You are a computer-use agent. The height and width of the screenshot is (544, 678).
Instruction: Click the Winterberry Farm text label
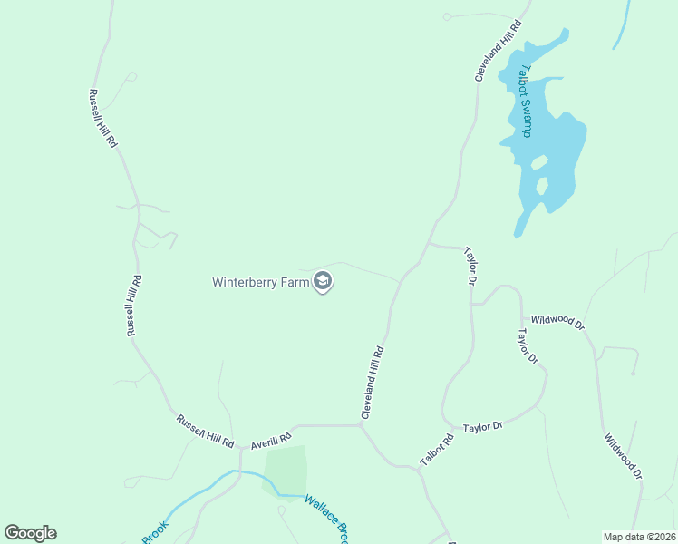click(x=259, y=282)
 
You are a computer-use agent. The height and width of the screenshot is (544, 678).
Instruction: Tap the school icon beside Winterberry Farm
click(x=322, y=282)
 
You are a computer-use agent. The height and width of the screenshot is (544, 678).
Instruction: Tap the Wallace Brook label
click(x=326, y=519)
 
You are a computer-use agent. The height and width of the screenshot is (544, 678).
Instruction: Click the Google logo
click(x=30, y=533)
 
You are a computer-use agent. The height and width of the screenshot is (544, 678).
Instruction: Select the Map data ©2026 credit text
click(x=639, y=537)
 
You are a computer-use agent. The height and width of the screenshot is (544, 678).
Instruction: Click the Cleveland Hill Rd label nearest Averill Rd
click(x=373, y=382)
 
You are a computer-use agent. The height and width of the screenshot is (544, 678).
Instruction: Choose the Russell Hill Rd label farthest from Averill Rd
click(x=102, y=119)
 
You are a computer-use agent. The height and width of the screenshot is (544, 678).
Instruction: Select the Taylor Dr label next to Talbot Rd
click(x=482, y=426)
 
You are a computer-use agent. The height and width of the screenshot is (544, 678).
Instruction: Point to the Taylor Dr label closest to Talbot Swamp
click(x=470, y=266)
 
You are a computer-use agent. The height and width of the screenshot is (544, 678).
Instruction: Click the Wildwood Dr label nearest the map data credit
click(x=624, y=456)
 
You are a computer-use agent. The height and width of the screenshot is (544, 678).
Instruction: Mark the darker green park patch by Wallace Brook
click(x=286, y=470)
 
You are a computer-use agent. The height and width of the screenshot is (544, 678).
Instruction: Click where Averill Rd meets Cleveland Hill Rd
click(x=361, y=424)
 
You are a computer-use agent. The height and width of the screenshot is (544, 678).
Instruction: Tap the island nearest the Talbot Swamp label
click(x=538, y=164)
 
